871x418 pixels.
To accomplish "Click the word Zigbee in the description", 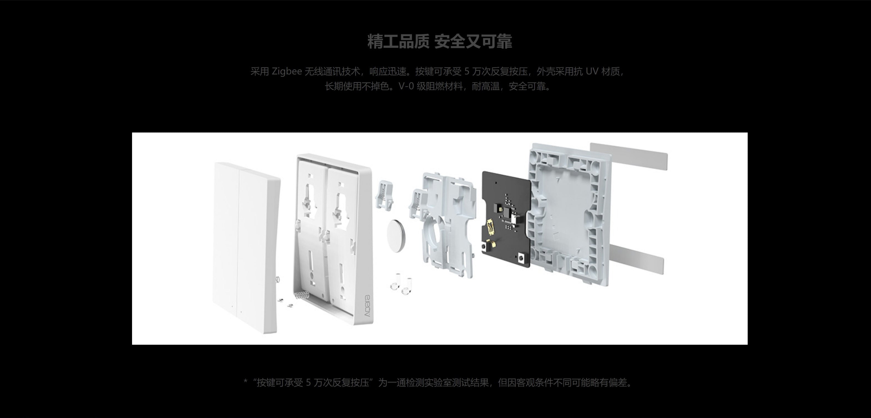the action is (287, 72).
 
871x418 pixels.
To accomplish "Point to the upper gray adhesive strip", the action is (629, 157).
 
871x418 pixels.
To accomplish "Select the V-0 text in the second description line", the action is (406, 87).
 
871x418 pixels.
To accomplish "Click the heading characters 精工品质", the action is (398, 42).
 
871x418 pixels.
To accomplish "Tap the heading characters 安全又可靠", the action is (473, 42).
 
